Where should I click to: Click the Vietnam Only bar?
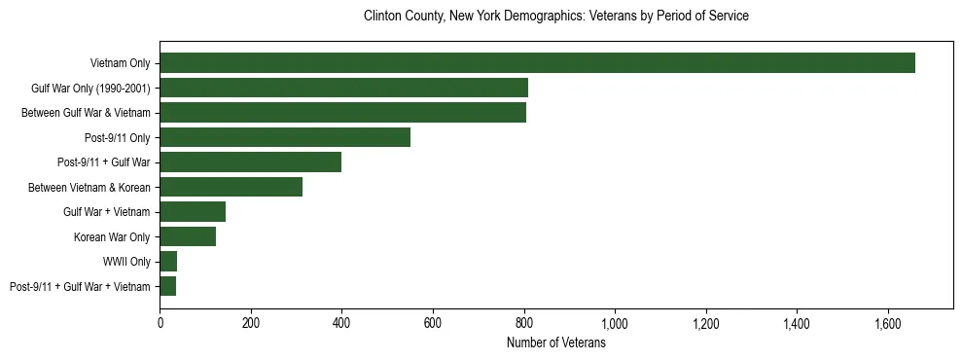(x=537, y=63)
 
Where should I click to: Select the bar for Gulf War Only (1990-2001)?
(x=343, y=88)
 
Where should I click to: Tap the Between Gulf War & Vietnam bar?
(x=342, y=113)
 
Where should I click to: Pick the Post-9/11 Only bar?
(x=285, y=137)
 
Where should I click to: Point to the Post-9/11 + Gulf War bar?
(x=250, y=162)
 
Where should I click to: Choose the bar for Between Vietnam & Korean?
(x=231, y=187)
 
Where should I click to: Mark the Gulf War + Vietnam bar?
(x=193, y=212)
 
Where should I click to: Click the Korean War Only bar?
(x=188, y=236)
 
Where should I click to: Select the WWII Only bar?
(x=168, y=262)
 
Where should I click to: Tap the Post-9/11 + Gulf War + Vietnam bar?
(x=167, y=286)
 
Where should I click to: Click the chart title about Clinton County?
(x=555, y=17)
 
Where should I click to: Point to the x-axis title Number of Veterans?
(x=555, y=343)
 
